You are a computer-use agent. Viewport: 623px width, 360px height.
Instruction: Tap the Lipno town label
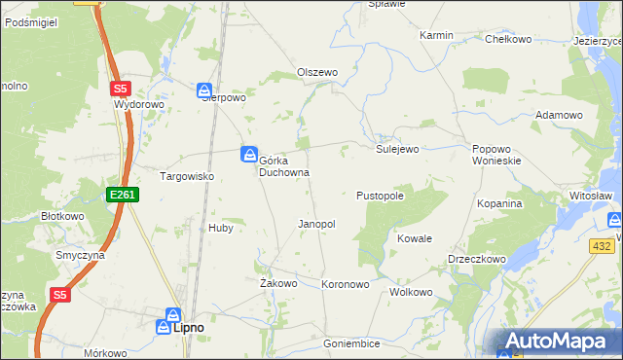coord(188,328)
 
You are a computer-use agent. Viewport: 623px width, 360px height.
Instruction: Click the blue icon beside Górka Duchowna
coord(249,154)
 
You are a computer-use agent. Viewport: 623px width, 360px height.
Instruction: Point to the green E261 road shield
coord(124,196)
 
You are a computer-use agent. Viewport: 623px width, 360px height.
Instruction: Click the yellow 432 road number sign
coord(601,248)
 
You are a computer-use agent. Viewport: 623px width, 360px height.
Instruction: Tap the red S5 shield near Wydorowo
coord(119,88)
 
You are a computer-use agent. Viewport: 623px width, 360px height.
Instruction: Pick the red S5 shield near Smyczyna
coord(60,294)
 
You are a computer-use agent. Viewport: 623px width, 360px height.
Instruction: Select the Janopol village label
coord(316,224)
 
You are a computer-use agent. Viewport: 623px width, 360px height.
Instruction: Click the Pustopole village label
coord(380,196)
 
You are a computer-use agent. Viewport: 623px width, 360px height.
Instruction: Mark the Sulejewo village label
coord(397,149)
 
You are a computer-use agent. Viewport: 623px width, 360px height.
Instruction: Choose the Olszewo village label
coord(317,72)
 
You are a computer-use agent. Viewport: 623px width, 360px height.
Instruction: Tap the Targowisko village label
coord(186,176)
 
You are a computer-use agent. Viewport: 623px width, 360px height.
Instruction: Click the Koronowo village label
coord(346,285)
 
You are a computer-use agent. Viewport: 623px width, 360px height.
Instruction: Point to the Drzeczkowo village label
coord(476,260)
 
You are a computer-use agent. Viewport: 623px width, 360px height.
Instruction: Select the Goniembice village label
coord(351,343)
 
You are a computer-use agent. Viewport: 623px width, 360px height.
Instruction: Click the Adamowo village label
coord(559,115)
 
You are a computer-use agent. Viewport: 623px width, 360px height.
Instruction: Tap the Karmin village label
coord(436,35)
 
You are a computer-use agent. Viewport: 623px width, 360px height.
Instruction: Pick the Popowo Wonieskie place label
coord(497,155)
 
